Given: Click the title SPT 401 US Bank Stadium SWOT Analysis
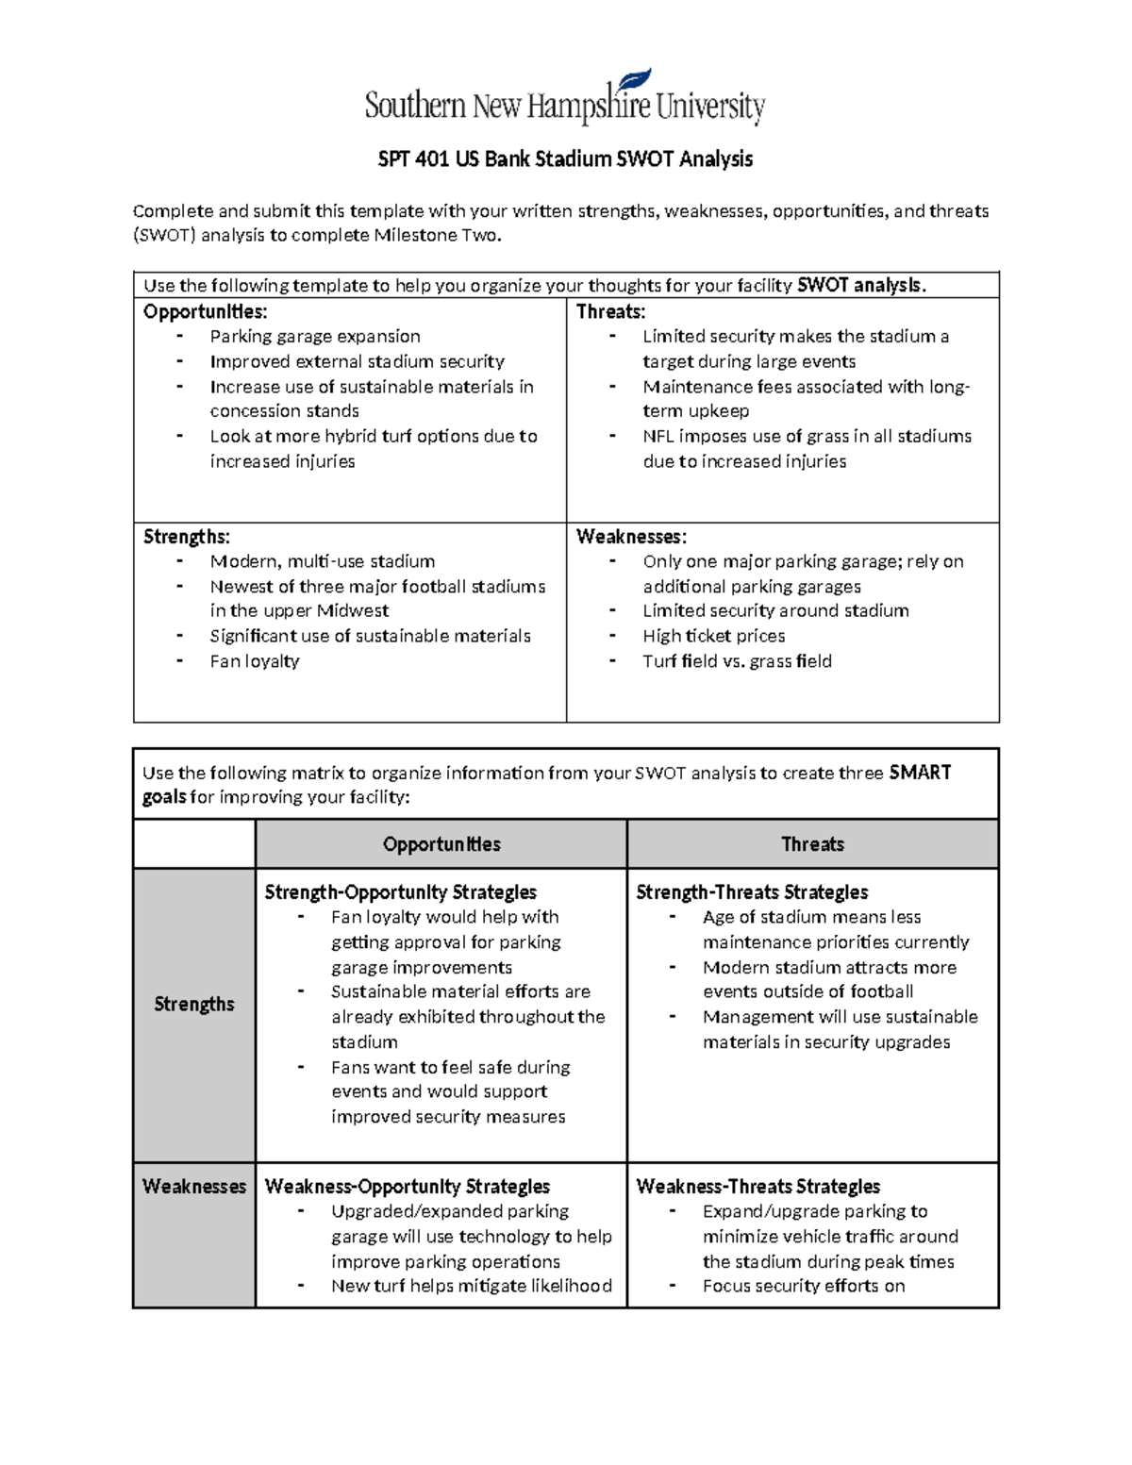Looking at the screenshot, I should point(565,158).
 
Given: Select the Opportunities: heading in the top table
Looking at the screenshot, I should point(205,311).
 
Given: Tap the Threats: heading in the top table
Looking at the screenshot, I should point(610,311).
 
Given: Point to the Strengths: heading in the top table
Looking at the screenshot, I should point(186,537).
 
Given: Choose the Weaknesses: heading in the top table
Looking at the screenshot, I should point(631,537).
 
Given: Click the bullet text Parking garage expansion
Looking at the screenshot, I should point(315,337).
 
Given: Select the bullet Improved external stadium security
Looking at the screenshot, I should point(357,361).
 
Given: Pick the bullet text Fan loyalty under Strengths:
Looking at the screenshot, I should point(255,661).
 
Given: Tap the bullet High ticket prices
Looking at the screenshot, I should point(713,636).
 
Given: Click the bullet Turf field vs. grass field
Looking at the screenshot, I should point(737,661).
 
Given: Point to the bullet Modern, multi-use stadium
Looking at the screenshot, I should point(322,561).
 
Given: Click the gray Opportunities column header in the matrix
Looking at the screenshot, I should point(441,844).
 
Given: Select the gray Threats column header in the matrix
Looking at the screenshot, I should point(812,844).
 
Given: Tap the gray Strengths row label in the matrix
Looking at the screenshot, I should point(193,1004).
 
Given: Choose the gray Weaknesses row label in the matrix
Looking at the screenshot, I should point(193,1187).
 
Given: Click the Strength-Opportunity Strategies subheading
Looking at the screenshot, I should point(400,892).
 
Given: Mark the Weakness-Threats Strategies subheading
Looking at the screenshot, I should point(757,1187).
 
